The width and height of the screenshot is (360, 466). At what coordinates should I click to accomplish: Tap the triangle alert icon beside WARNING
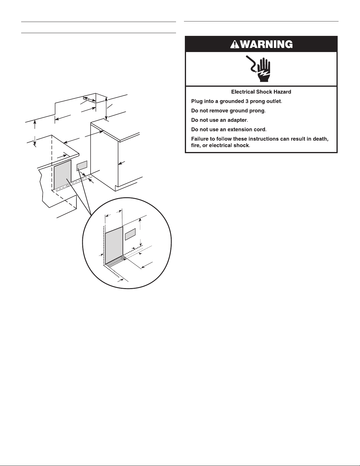click(x=235, y=44)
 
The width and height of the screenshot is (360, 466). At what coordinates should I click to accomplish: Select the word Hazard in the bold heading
click(x=282, y=92)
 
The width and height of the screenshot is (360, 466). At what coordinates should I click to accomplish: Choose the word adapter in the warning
click(x=237, y=120)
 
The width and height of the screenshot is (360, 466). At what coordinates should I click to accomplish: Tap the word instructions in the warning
click(x=258, y=139)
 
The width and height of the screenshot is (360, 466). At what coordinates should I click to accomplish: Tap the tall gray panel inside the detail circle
click(x=114, y=245)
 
